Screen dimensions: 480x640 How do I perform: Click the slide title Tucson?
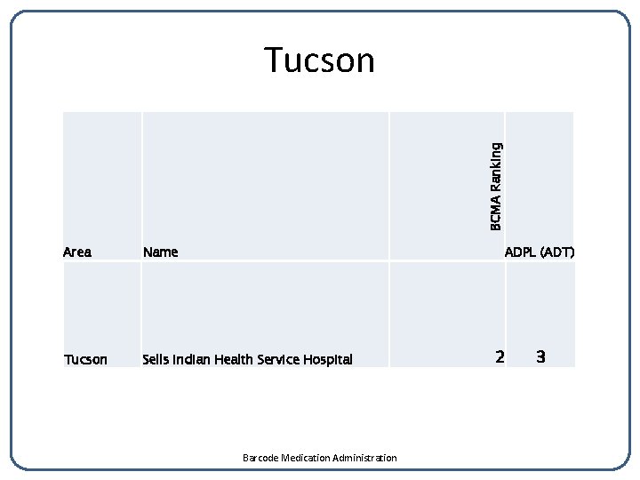click(x=320, y=60)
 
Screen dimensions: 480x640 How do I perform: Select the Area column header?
click(x=77, y=252)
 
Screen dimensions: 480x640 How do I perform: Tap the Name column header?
click(x=161, y=252)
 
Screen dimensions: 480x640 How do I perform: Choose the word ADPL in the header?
click(x=520, y=252)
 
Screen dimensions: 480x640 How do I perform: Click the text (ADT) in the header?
click(x=557, y=252)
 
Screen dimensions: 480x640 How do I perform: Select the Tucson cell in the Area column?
click(x=85, y=359)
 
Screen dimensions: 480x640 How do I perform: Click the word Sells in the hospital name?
click(x=156, y=359)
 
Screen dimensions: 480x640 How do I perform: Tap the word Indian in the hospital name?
click(x=192, y=359)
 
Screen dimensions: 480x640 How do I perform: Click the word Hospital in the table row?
click(x=328, y=359)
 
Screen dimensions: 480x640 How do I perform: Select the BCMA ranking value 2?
click(x=500, y=357)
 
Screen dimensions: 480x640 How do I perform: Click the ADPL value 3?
click(x=540, y=357)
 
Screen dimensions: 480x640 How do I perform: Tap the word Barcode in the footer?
click(x=260, y=458)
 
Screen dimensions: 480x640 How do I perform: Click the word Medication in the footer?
click(x=305, y=458)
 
